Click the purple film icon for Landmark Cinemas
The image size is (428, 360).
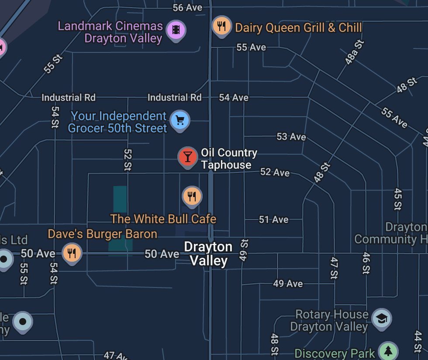pos(176,30)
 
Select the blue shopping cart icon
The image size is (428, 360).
pos(179,120)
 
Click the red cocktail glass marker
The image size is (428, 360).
pos(188,156)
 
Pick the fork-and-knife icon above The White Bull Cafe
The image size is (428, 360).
pos(192,196)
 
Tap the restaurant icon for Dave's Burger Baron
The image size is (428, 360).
pos(72,253)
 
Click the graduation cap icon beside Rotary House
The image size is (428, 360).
pos(382,319)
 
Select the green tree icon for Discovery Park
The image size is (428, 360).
pos(388,351)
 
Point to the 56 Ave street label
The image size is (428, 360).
pos(187,8)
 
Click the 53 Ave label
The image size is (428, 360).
pos(291,137)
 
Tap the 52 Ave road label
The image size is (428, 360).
pos(275,172)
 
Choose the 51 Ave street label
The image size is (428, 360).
pos(273,219)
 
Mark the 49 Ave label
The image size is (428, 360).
pos(288,284)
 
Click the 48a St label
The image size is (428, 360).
pos(354,52)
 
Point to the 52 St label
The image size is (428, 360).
pos(128,159)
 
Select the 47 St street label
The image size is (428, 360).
pos(334,268)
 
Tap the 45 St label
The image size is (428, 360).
pos(397,199)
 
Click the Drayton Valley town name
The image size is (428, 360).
pos(208,254)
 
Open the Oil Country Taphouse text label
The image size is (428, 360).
pos(229,159)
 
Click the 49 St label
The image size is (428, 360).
pos(244,250)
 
